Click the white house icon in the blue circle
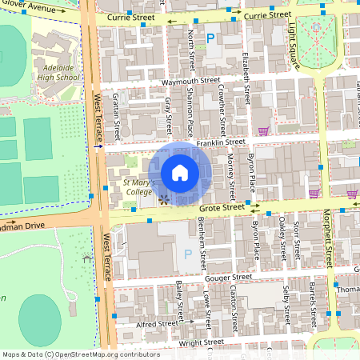point(180,173)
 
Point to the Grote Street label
point(220,208)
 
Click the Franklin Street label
point(224,142)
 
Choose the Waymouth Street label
point(190,81)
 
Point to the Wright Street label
point(178,342)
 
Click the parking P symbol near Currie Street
point(211,37)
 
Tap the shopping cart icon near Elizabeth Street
point(263,130)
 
